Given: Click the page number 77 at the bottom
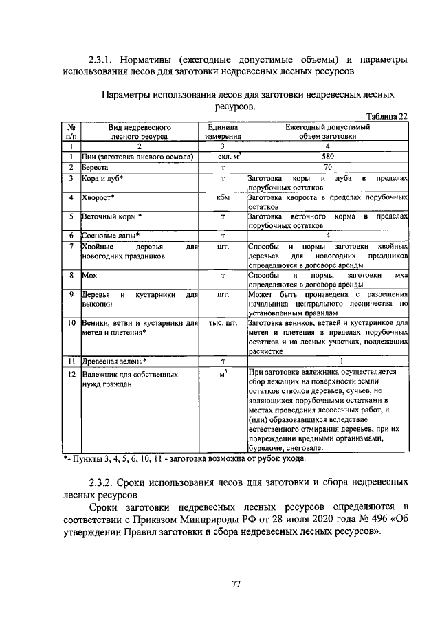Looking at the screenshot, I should pos(235,584).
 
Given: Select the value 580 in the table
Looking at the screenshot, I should pos(327,157).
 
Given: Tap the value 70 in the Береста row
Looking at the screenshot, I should pos(327,167).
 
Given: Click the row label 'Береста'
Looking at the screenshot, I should pos(95,167).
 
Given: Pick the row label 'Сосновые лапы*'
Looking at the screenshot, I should pos(110,236).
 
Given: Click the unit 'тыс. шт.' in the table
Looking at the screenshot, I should pos(223,322).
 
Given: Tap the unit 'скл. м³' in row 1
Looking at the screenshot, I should pos(223,157).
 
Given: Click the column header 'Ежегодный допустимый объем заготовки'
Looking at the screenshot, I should pos(327,131).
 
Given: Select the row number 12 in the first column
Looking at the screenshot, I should pos(71,375).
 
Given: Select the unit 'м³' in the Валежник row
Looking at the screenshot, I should pos(223,374).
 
